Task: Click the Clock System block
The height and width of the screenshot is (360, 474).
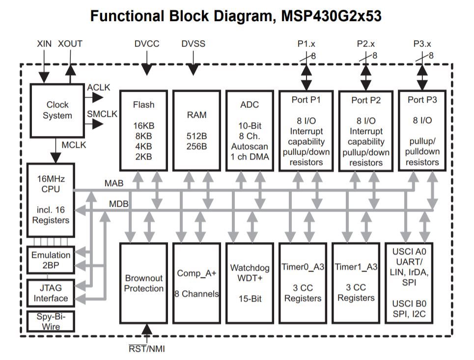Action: pos(57,111)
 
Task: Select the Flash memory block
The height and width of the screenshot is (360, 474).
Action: pos(143,131)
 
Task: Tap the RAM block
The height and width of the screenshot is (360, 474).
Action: pos(196,131)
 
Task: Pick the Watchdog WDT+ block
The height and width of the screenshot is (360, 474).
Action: pos(250,283)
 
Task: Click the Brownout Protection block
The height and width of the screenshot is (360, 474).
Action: pos(143,283)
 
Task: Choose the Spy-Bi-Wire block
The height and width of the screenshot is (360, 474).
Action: pos(51,321)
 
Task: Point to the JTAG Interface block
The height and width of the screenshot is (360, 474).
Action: pos(51,293)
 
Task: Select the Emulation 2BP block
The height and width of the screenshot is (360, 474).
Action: pos(51,260)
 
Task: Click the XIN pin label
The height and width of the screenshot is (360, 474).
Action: pos(44,44)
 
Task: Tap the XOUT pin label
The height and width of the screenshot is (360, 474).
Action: pos(70,44)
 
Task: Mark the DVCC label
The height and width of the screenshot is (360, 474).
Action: pos(147,44)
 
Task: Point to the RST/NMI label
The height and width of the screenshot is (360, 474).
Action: pos(147,349)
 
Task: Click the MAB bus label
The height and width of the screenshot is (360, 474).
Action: pos(114,183)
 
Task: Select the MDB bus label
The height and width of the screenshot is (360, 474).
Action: pos(118,204)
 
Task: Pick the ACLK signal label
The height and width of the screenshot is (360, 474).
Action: pos(99,87)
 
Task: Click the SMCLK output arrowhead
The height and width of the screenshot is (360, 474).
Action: pos(98,124)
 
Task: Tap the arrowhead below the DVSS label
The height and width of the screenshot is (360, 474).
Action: pos(193,70)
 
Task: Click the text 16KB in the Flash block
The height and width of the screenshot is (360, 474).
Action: pos(143,125)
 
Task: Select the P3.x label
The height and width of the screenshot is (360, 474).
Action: pos(422,44)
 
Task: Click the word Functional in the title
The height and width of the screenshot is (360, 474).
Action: pos(127,16)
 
